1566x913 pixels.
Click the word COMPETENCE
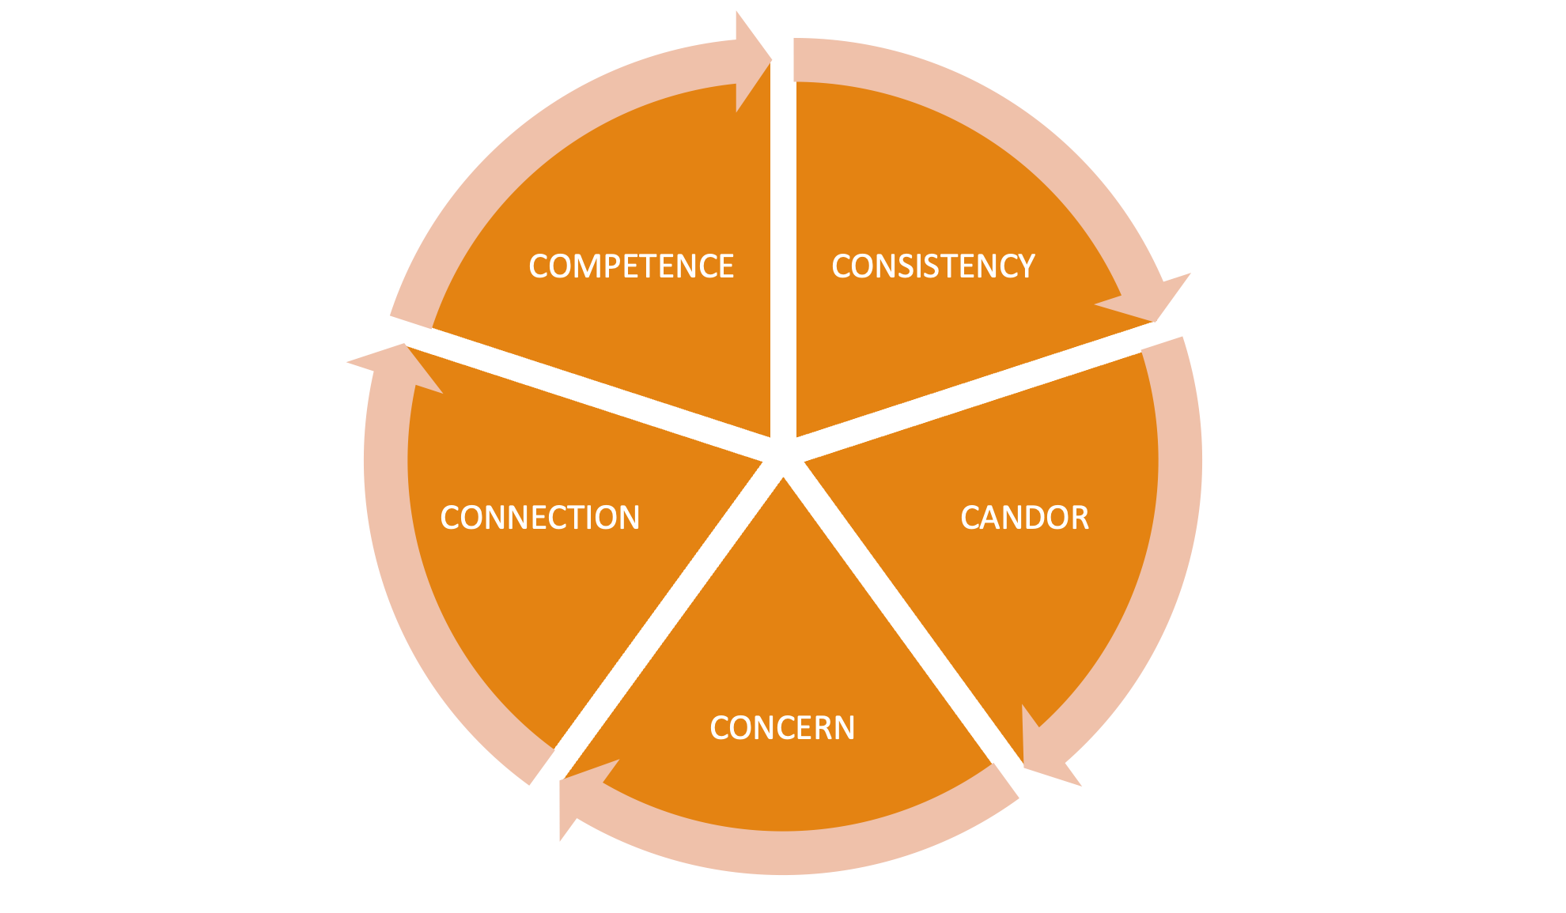pyautogui.click(x=631, y=267)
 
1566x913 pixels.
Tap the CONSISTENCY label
pyautogui.click(x=933, y=267)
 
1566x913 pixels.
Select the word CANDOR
pyautogui.click(x=1024, y=518)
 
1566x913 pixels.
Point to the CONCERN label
pyautogui.click(x=782, y=728)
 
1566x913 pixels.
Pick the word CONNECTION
pyautogui.click(x=539, y=518)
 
